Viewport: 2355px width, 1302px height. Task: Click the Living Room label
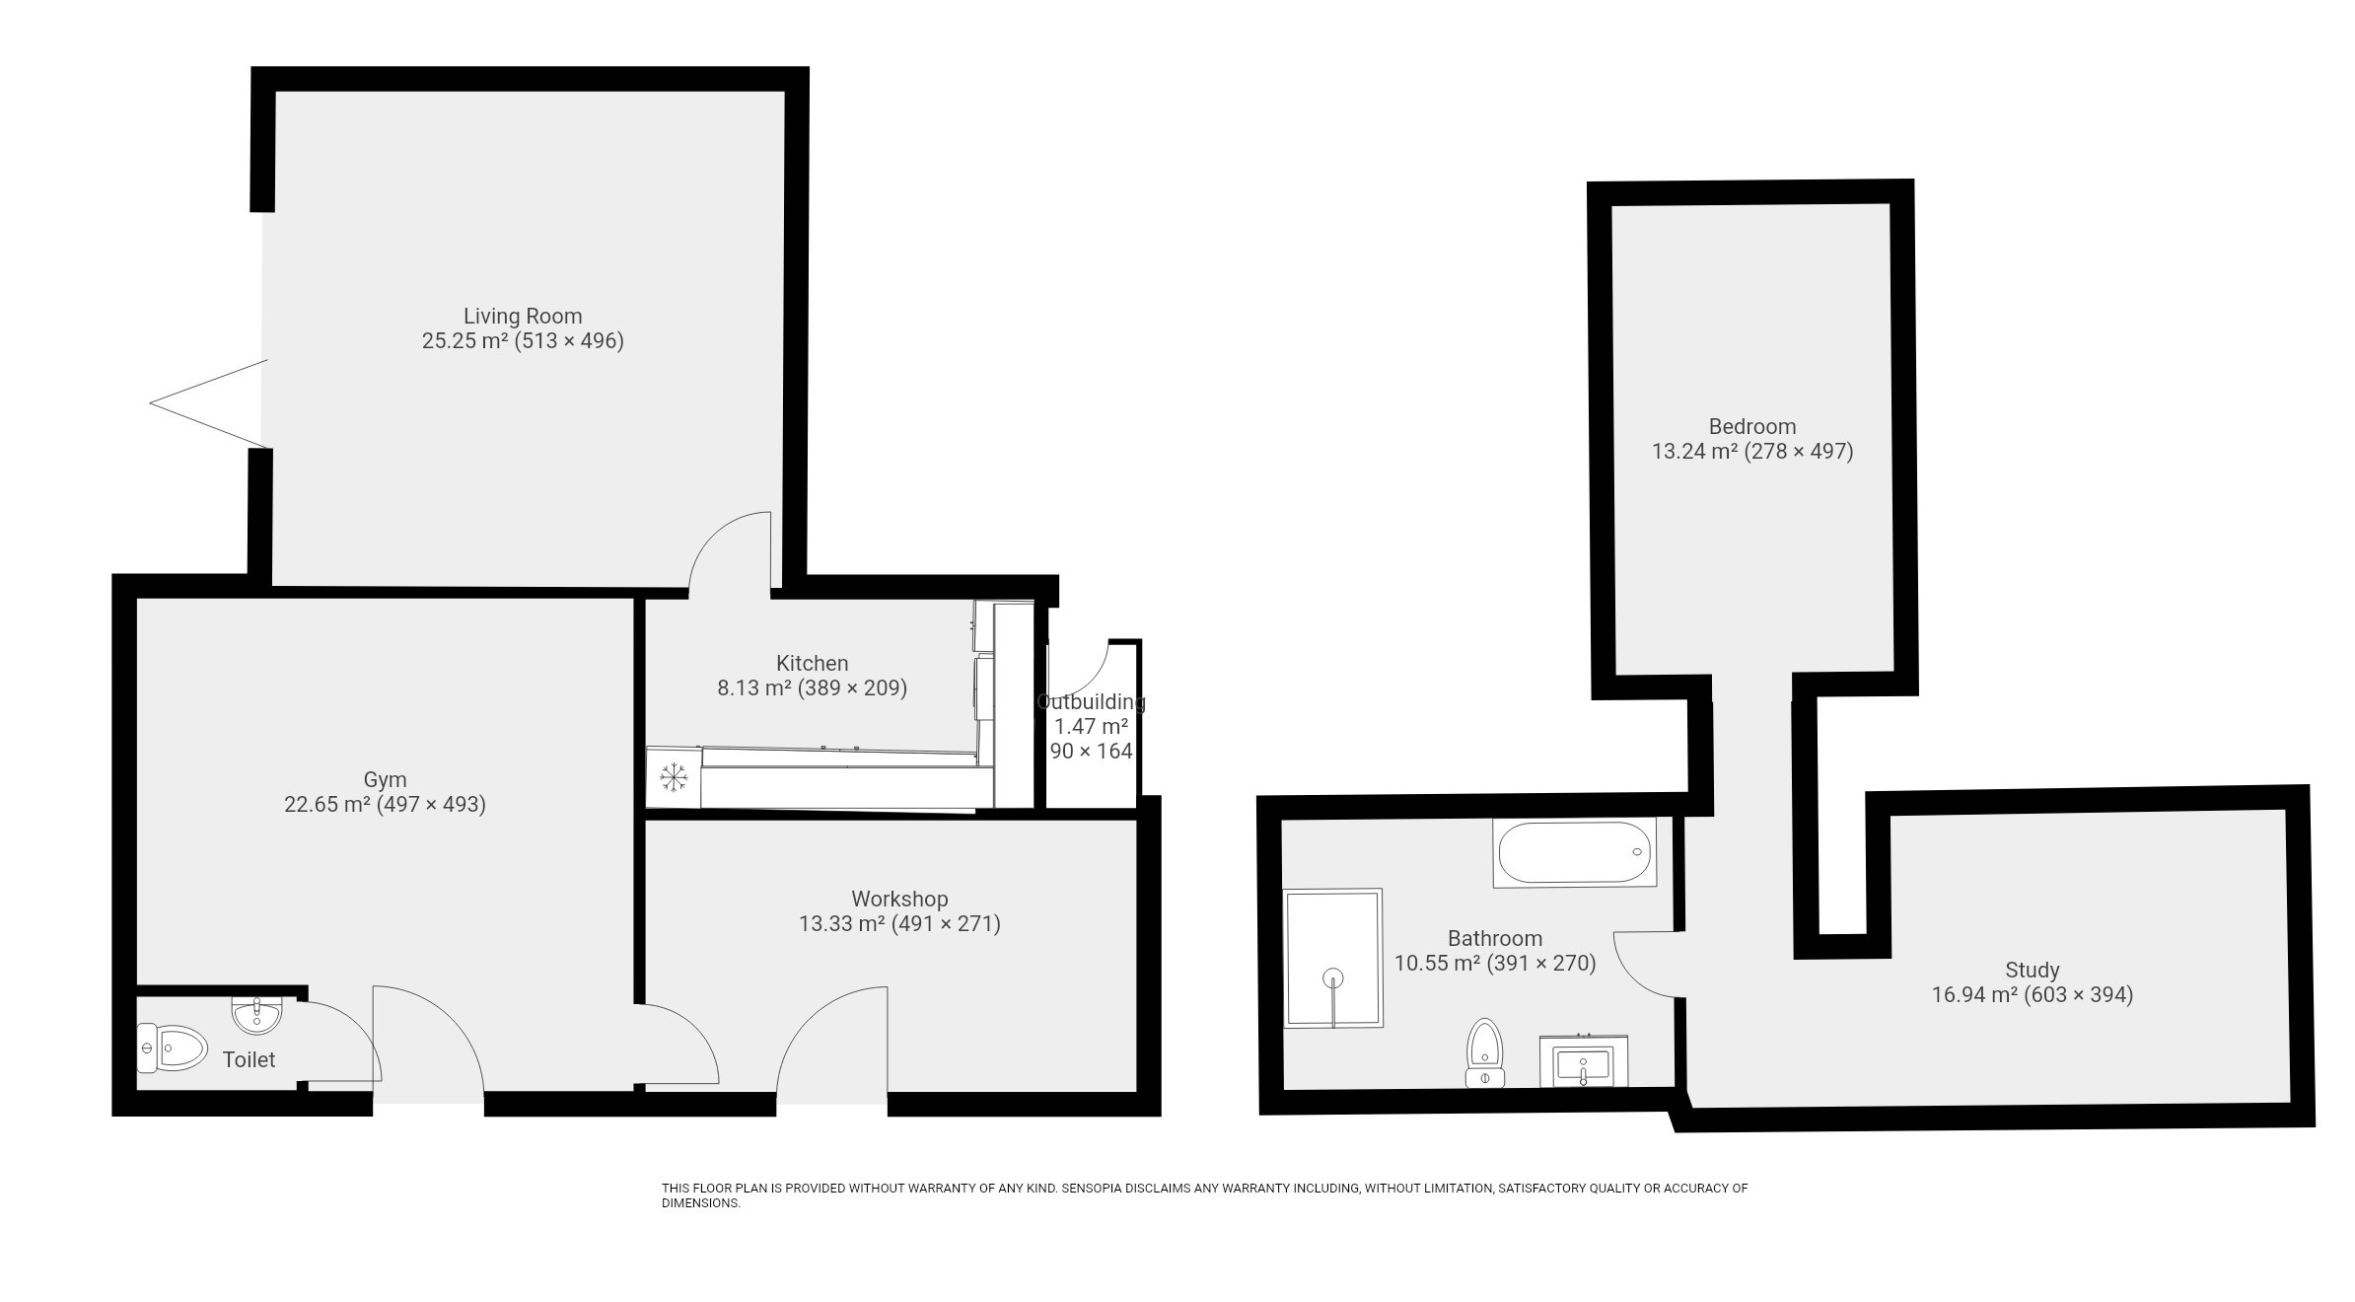[x=523, y=317]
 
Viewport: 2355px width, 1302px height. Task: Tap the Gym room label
[x=385, y=780]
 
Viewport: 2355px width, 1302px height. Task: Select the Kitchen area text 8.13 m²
[x=753, y=688]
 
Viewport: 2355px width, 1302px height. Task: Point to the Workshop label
[x=899, y=900]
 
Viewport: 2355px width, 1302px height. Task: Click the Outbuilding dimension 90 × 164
[x=1091, y=752]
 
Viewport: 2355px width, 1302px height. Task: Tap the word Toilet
[x=249, y=1060]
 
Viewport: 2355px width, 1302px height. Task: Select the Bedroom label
[x=1751, y=427]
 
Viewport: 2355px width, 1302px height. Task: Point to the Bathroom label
[x=1494, y=939]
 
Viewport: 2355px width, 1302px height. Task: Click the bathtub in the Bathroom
[x=1574, y=852]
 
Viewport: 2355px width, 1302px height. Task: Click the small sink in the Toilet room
[x=257, y=1013]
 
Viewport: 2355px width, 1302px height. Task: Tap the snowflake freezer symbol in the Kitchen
[x=674, y=778]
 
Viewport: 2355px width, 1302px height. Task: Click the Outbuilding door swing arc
[x=1080, y=671]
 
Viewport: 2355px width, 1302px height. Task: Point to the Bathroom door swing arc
[x=1642, y=965]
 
